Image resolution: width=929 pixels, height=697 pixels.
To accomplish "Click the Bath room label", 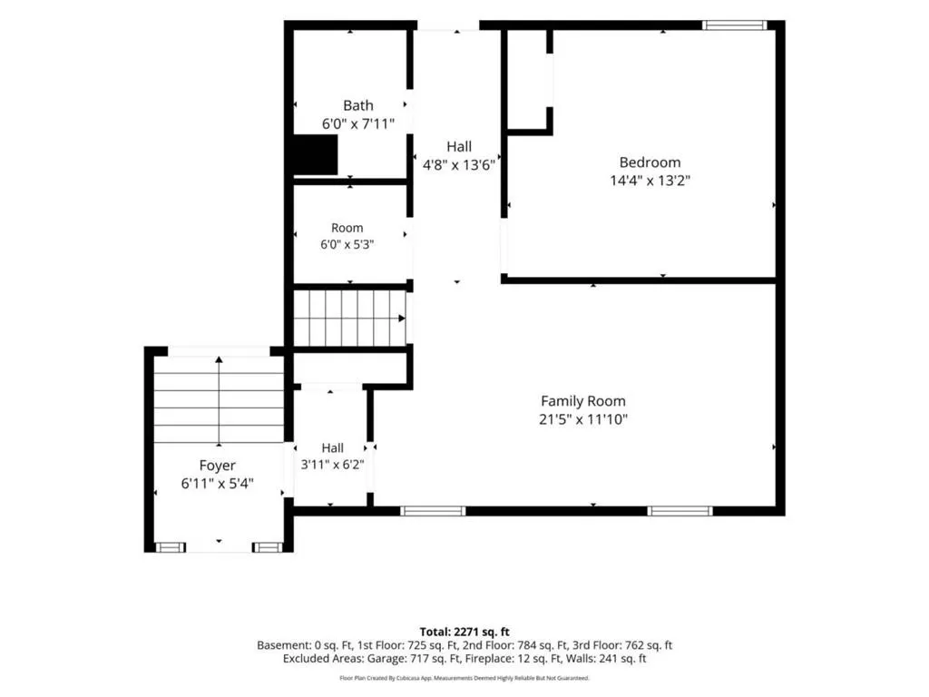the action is pyautogui.click(x=357, y=105).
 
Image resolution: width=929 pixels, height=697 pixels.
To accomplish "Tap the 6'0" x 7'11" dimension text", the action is pyautogui.click(x=357, y=123).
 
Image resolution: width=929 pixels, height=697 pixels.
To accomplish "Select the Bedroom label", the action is pyautogui.click(x=650, y=162).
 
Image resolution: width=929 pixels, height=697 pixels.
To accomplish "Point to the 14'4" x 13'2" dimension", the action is pyautogui.click(x=650, y=181).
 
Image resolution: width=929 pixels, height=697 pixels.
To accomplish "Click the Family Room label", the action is pyautogui.click(x=583, y=401).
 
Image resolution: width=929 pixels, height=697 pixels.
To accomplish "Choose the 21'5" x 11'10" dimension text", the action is pyautogui.click(x=583, y=419).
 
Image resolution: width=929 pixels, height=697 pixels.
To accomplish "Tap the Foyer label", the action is pyautogui.click(x=218, y=466).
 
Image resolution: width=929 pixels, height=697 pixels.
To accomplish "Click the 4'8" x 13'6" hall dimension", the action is pyautogui.click(x=458, y=165).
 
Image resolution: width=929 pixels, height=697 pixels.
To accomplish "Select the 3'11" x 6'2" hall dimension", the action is pyautogui.click(x=332, y=465).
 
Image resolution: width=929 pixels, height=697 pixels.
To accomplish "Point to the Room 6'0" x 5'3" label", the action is pyautogui.click(x=347, y=236).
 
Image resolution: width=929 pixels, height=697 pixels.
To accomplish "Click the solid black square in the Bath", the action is pyautogui.click(x=316, y=154).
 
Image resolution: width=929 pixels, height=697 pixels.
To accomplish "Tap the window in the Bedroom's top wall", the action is pyautogui.click(x=735, y=25).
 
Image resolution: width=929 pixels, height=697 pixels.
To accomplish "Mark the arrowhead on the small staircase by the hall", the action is pyautogui.click(x=402, y=319).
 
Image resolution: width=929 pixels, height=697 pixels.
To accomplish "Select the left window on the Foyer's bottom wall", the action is pyautogui.click(x=171, y=547).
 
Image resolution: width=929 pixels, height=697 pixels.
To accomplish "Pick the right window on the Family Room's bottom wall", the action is pyautogui.click(x=680, y=511).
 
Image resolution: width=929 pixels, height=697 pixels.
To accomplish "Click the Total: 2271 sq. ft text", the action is pyautogui.click(x=464, y=632).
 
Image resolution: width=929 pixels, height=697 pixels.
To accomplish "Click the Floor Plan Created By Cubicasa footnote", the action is pyautogui.click(x=464, y=678).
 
